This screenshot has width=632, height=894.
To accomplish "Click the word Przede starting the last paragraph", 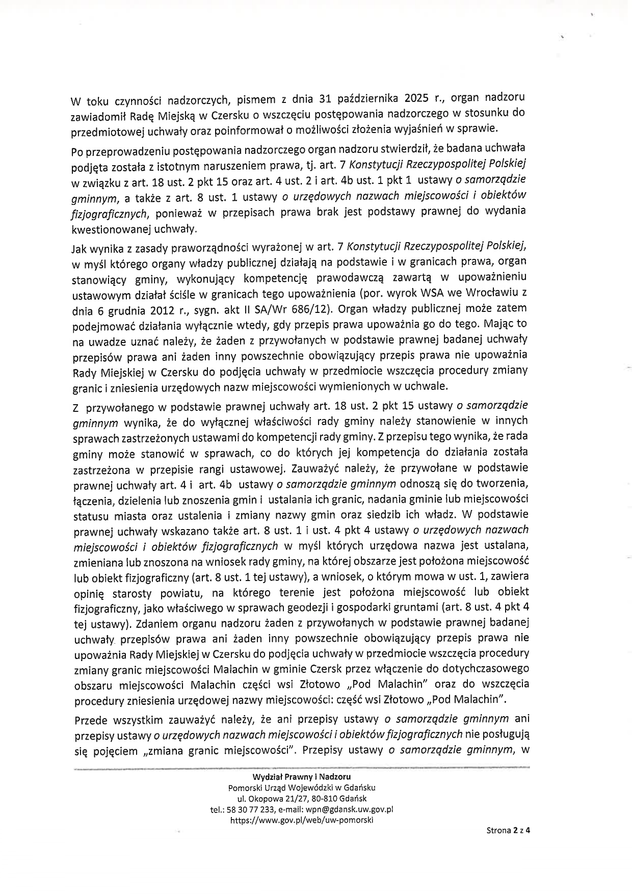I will pos(91,719).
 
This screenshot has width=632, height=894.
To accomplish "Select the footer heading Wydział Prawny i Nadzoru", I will pos(301,777).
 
